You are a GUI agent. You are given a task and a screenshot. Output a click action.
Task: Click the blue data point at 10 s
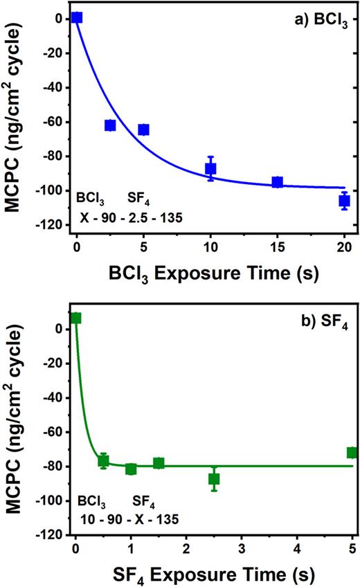[x=210, y=168]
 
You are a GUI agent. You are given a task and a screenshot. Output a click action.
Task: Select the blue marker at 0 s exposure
[x=77, y=17]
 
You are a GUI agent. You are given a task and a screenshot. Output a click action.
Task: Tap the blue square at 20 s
[x=344, y=201]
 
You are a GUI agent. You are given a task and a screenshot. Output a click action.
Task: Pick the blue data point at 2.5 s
[x=110, y=125]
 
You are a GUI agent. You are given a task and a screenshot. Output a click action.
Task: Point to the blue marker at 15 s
[x=278, y=182]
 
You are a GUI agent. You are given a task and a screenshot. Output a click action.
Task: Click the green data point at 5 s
[x=352, y=453]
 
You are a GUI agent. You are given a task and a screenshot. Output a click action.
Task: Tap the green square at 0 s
[x=76, y=318]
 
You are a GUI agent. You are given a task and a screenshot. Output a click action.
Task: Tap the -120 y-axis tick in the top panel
[x=53, y=225]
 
